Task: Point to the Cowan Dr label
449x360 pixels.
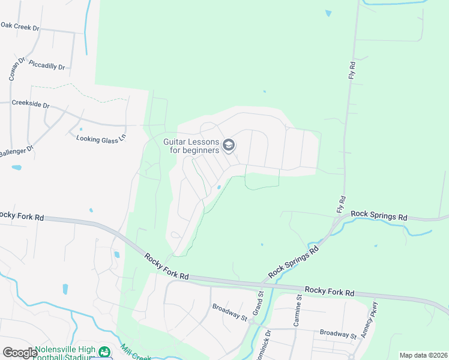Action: tap(16, 70)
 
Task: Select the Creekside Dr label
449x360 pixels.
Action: tap(30, 104)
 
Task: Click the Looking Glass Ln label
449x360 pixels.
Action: tap(101, 137)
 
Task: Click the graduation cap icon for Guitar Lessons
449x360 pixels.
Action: tap(228, 145)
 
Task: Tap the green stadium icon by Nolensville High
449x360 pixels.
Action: tap(105, 352)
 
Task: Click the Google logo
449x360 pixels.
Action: tap(20, 353)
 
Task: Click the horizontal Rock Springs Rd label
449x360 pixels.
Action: tap(379, 214)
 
